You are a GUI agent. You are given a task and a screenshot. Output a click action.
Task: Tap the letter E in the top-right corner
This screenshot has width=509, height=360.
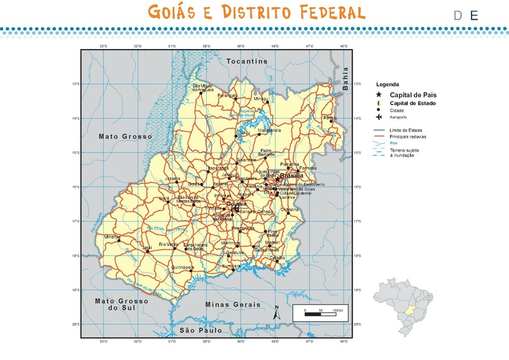point(473,16)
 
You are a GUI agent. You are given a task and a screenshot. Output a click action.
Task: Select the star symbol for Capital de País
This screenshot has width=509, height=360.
point(379,94)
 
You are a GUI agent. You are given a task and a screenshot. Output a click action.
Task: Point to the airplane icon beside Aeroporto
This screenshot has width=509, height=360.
point(379,117)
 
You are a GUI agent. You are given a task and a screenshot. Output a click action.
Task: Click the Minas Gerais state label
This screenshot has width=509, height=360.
point(234,305)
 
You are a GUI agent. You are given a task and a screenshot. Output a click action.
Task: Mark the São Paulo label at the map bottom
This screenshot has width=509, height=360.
point(200,331)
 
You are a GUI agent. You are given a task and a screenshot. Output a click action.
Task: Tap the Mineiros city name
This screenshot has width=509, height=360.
point(112,236)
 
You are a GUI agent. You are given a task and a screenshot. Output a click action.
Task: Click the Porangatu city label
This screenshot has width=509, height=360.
point(227,95)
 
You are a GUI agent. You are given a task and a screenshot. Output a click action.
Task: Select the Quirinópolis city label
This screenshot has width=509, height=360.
point(183,268)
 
